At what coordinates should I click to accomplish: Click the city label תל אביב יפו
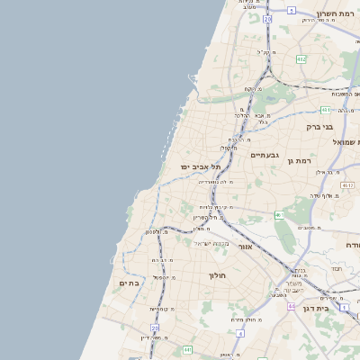200,166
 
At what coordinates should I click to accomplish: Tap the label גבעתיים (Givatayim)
265,155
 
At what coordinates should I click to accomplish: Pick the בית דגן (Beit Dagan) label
334,307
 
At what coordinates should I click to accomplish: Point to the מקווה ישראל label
212,243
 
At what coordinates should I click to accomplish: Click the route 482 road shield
301,59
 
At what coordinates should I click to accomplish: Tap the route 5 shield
292,11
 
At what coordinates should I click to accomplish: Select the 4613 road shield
347,184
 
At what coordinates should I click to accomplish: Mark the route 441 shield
325,110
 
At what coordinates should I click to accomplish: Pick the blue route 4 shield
240,333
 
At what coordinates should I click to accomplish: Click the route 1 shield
279,215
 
